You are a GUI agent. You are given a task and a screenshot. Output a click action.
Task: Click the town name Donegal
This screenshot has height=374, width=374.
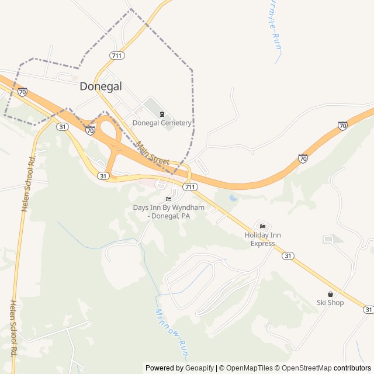click(x=101, y=86)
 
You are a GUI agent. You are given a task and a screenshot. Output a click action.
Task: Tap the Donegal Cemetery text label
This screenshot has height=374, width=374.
click(x=162, y=123)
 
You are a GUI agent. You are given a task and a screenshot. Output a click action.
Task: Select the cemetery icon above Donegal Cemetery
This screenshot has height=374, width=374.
click(x=162, y=113)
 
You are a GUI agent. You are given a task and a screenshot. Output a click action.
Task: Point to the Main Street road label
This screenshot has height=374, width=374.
click(x=153, y=153)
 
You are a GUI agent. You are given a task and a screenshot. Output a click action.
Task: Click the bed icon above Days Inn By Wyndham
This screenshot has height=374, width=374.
click(x=169, y=199)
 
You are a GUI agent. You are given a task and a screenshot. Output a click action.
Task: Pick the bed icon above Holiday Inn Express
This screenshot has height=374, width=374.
click(x=262, y=227)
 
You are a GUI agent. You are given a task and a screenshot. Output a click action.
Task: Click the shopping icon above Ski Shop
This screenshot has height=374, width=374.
click(x=330, y=294)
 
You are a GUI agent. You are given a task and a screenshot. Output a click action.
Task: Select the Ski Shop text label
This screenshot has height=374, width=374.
click(x=330, y=303)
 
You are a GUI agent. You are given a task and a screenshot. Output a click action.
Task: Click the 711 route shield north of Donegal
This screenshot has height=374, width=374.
click(x=116, y=56)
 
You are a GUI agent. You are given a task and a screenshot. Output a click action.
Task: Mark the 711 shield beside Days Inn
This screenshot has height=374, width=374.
click(x=189, y=187)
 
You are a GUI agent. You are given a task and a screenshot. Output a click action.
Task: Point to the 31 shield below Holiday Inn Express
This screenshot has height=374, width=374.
click(x=288, y=256)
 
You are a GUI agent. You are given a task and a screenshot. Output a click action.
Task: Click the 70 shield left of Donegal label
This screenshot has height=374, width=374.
click(x=22, y=92)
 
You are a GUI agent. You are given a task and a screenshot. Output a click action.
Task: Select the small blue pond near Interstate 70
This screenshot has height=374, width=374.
click(x=234, y=198)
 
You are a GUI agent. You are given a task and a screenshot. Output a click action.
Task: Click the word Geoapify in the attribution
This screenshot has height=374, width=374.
click(x=200, y=368)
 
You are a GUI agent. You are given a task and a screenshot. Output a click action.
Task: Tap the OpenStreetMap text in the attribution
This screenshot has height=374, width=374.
click(x=307, y=368)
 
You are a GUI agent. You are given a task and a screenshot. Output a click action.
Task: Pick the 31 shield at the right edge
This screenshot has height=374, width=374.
click(x=368, y=309)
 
